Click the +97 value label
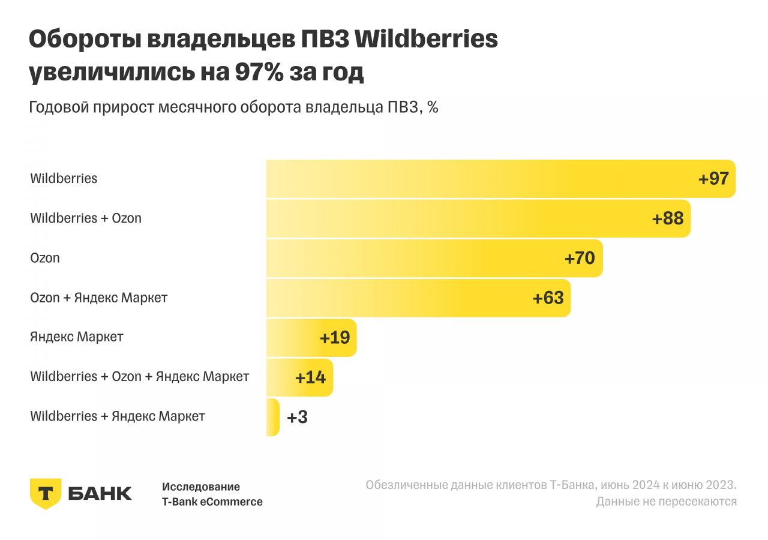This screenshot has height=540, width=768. [713, 179]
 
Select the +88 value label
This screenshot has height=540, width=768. [668, 218]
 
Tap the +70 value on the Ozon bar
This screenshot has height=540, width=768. [580, 258]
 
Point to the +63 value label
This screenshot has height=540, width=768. [548, 298]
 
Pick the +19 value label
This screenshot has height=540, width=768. [335, 338]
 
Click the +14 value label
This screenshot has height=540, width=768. [310, 377]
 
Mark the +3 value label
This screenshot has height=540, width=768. [298, 418]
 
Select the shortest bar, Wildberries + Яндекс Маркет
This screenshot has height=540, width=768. [273, 418]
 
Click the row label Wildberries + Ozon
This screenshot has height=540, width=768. [86, 218]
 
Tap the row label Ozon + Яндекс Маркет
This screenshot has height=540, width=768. [98, 298]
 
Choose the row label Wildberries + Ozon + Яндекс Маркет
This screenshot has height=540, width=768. [139, 377]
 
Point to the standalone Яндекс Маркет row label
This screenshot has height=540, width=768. [76, 337]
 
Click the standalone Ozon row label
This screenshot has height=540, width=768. [45, 259]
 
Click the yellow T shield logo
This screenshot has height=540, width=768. [45, 494]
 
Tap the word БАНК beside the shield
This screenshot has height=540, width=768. [100, 494]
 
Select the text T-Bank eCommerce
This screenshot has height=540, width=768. [212, 502]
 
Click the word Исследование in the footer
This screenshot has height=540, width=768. [200, 487]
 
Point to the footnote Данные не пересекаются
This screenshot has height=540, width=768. [666, 502]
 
